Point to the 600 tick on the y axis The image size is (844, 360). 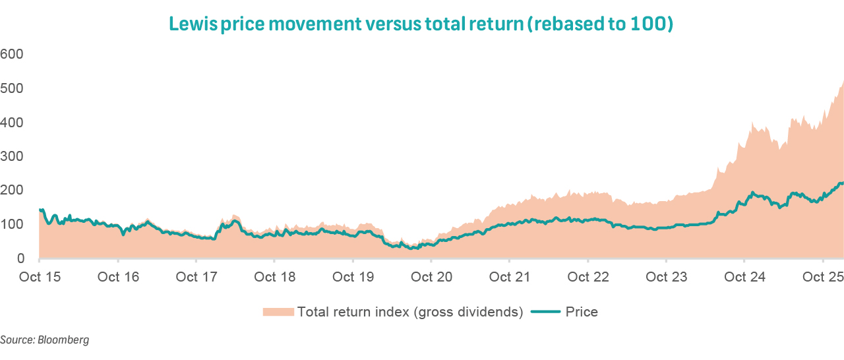pos(12,54)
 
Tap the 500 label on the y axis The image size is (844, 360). pos(12,88)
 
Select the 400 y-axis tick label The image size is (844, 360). pos(12,123)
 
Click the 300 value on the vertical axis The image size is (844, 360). pos(12,157)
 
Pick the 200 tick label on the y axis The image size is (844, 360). pos(12,191)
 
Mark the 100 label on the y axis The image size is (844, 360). pos(12,225)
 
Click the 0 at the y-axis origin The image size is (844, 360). pos(20,259)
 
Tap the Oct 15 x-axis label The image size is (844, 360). pos(40,278)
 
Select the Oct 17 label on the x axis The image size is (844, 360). pos(196,278)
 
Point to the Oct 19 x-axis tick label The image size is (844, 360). pos(353,278)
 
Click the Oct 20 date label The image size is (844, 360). pos(431,278)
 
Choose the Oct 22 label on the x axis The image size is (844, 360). pos(588,278)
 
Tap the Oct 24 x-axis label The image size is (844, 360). pos(744,278)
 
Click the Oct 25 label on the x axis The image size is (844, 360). pos(823,278)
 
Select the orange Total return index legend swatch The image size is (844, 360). pos(278,312)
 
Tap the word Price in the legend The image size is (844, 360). pos(582,312)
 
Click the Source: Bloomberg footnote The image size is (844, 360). pos(44,340)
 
